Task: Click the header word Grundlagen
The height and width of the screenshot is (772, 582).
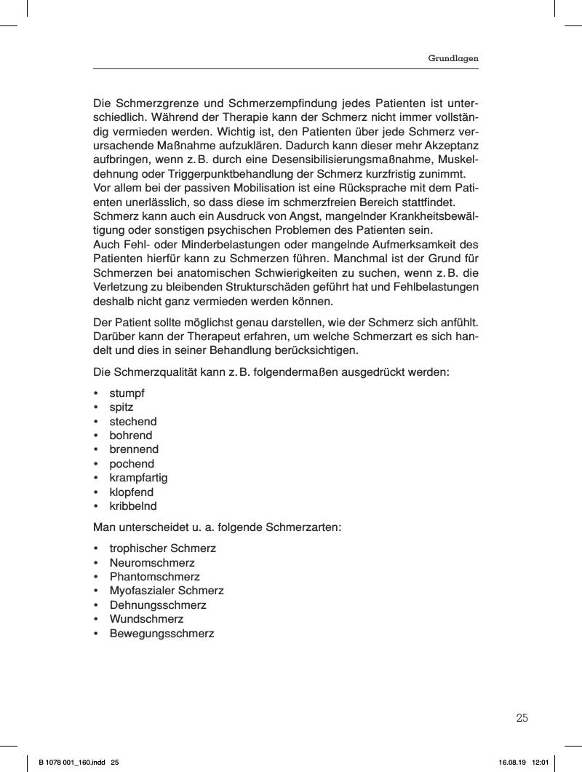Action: coord(453,58)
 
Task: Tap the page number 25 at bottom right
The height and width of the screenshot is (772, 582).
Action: coord(522,718)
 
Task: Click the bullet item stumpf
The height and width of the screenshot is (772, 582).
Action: coord(127,393)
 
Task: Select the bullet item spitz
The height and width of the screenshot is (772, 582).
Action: coord(121,407)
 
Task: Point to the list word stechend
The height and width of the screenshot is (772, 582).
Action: coord(133,421)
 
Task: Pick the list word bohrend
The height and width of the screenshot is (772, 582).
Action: coord(131,436)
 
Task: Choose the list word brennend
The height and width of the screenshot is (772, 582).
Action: coord(134,449)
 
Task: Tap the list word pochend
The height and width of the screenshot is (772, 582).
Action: coord(132,464)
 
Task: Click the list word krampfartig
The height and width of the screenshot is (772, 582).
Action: coord(138,478)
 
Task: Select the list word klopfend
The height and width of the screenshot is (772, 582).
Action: coord(132,492)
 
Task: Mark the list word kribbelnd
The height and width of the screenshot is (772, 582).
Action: coord(133,506)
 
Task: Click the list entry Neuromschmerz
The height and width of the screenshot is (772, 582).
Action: coord(152,562)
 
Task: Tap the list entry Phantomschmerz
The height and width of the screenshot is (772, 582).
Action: coord(154,577)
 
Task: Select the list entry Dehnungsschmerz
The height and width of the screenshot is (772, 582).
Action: coord(158,605)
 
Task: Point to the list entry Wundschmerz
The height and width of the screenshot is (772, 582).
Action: coord(146,619)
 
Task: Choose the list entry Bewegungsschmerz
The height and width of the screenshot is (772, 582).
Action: coord(162,634)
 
